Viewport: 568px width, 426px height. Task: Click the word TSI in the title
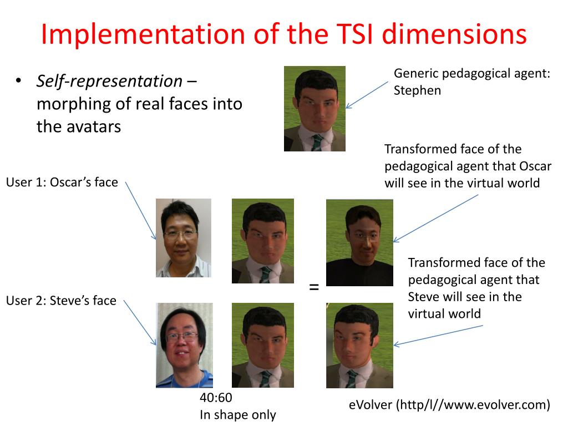pyautogui.click(x=358, y=34)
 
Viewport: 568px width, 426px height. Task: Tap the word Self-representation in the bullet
pyautogui.click(x=109, y=82)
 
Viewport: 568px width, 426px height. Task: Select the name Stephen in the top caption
pyautogui.click(x=417, y=90)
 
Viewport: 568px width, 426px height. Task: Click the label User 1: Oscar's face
pyautogui.click(x=62, y=182)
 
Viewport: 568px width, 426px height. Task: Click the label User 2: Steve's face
pyautogui.click(x=61, y=301)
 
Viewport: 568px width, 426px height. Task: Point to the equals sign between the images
pyautogui.click(x=314, y=287)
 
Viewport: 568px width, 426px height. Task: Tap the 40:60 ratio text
pyautogui.click(x=216, y=397)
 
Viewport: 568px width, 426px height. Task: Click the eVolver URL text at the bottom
pyautogui.click(x=449, y=405)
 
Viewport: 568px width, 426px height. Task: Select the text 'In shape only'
pyautogui.click(x=237, y=414)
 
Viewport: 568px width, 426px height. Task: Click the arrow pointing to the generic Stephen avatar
pyautogui.click(x=367, y=94)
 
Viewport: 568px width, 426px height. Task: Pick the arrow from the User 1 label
pyautogui.click(x=140, y=210)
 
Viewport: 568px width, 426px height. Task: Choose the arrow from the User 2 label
pyautogui.click(x=140, y=323)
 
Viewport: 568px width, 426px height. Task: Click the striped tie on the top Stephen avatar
pyautogui.click(x=316, y=143)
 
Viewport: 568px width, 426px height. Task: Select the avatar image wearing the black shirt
pyautogui.click(x=359, y=242)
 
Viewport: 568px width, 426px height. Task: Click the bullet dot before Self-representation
pyautogui.click(x=18, y=82)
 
